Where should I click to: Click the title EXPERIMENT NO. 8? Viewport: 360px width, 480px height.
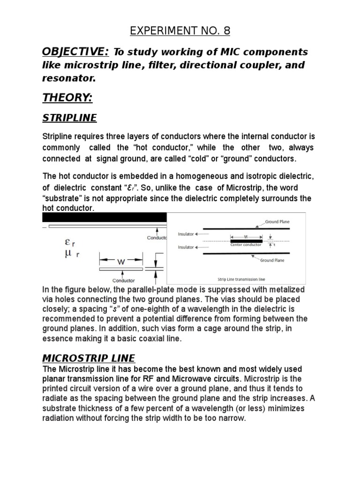[180, 31]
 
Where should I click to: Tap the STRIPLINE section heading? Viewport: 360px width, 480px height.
[69, 118]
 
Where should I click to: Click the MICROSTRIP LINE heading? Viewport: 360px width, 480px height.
[89, 358]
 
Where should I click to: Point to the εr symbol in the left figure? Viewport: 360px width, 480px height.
[69, 243]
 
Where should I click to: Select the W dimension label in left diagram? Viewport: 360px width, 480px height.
[121, 262]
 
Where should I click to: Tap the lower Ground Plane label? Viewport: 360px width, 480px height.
[272, 260]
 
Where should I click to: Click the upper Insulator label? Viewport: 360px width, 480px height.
[186, 233]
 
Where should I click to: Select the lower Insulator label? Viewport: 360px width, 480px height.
[186, 247]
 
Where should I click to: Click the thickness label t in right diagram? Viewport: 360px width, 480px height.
[274, 245]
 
